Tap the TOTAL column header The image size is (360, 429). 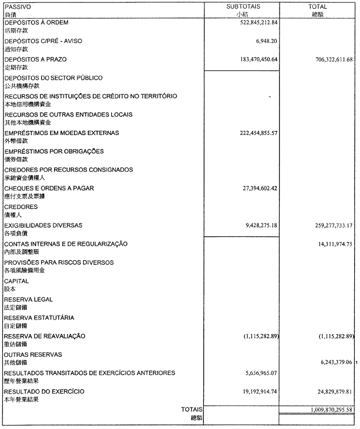pyautogui.click(x=317, y=6)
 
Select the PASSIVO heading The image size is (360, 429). pyautogui.click(x=17, y=6)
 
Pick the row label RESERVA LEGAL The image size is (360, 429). pyautogui.click(x=28, y=299)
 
